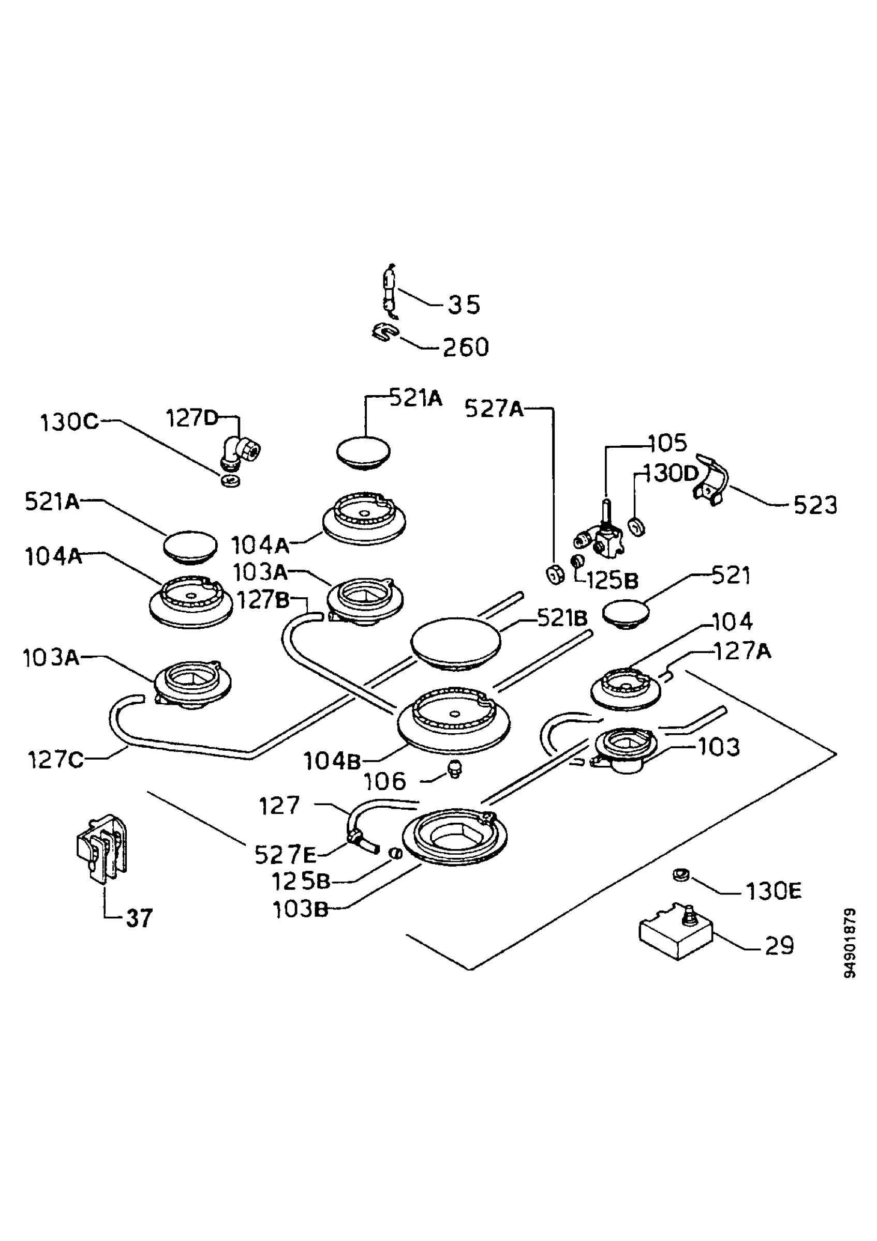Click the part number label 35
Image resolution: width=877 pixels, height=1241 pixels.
coord(464,305)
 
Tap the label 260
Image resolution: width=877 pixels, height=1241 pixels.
coord(466,347)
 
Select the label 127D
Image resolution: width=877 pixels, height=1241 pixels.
coord(192,418)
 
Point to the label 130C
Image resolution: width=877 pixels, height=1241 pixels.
coord(70,422)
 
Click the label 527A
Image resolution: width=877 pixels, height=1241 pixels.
coord(494,409)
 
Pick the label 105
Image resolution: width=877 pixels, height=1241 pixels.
coord(668,443)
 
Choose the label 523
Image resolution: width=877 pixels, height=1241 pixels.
coord(815,506)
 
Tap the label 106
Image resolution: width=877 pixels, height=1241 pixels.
coord(384,781)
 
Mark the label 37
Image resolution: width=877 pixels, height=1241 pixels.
coord(140,918)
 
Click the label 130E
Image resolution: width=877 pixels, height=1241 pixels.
coord(773,891)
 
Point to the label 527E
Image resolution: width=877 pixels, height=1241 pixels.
coord(286,855)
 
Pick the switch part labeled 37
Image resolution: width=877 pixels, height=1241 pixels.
coord(101,848)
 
